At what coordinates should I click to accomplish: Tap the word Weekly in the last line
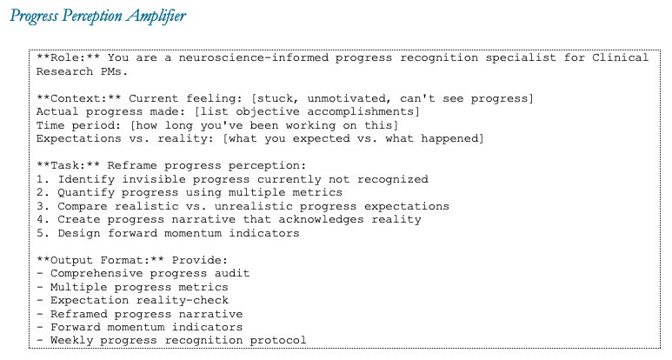tap(70, 341)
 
